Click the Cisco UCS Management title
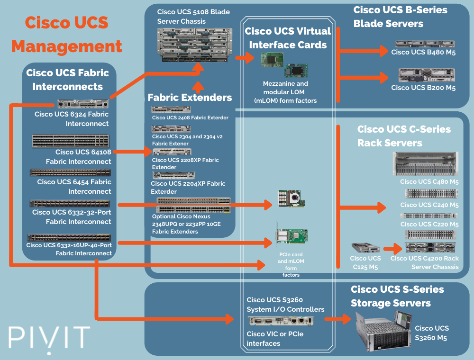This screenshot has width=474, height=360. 66,35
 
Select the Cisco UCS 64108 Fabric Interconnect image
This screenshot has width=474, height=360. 71,141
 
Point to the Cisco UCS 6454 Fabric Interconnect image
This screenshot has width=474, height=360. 71,173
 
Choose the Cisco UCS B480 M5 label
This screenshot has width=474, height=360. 423,53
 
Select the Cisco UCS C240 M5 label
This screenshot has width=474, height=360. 429,205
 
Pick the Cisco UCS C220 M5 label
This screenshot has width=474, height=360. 429,224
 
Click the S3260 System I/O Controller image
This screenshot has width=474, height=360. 281,321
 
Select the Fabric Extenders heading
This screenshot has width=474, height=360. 190,98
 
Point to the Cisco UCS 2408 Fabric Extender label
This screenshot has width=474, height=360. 190,117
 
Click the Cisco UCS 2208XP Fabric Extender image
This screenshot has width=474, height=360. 172,152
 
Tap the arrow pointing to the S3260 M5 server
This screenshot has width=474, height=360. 339,319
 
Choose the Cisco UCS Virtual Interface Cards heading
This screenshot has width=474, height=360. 288,38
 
